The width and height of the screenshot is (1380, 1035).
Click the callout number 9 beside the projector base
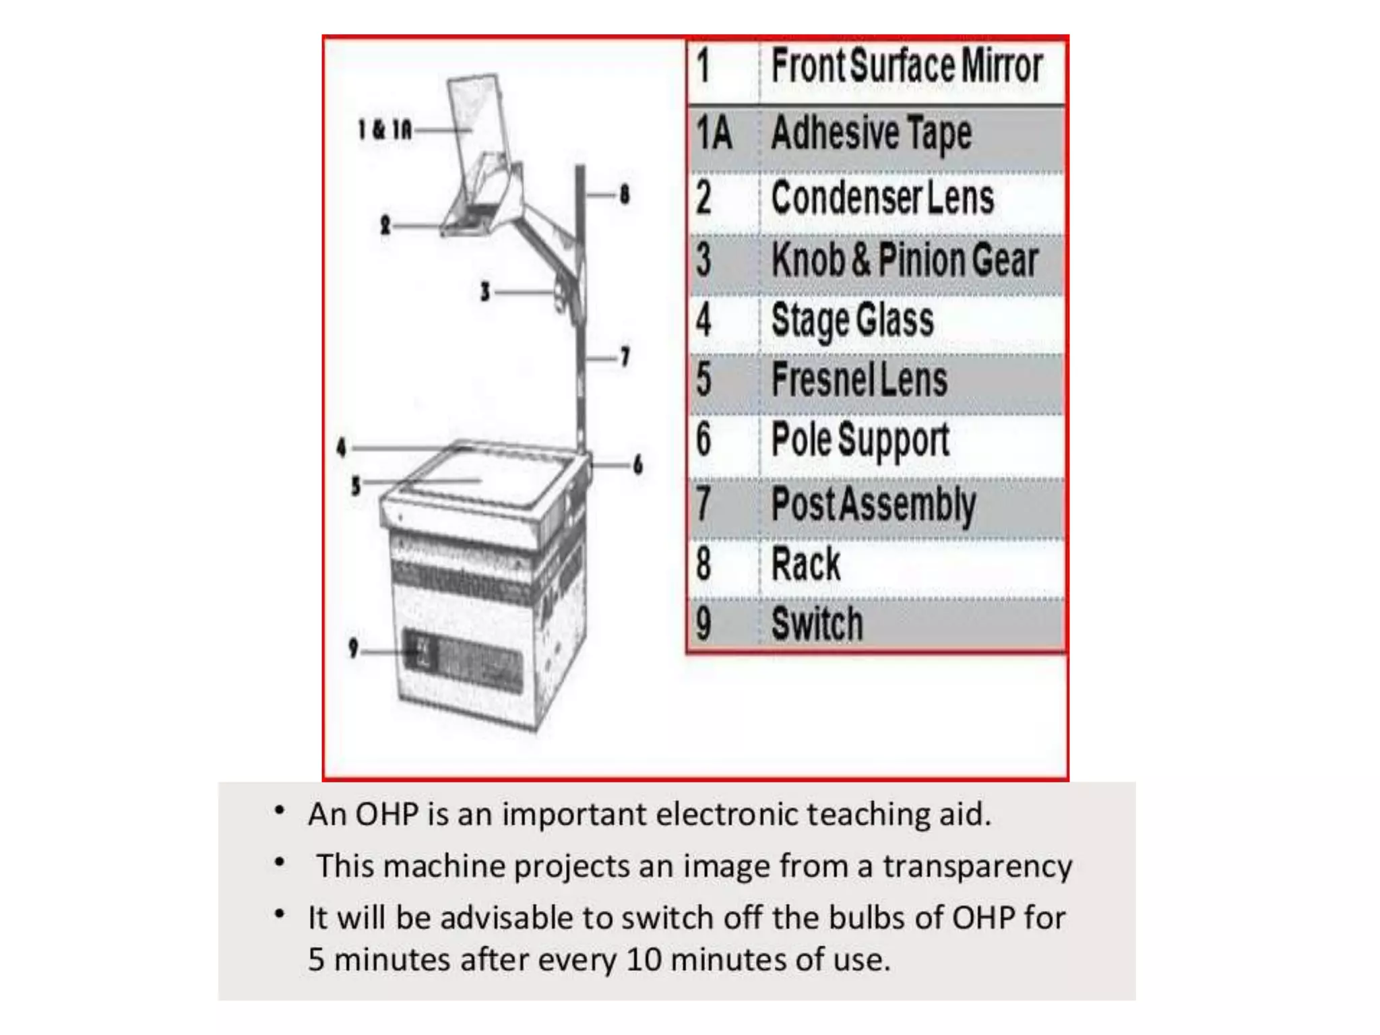tap(353, 648)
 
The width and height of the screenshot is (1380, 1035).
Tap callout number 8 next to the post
tap(625, 194)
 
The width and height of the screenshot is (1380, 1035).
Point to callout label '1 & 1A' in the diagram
tap(384, 129)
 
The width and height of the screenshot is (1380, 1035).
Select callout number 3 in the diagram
tap(484, 292)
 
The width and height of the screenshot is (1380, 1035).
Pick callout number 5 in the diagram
tap(356, 485)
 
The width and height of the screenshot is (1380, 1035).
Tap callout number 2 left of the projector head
tap(385, 224)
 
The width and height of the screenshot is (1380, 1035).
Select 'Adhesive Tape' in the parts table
tap(871, 133)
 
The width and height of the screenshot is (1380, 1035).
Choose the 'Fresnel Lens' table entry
tap(859, 379)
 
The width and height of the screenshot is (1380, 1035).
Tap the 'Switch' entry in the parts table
tap(817, 623)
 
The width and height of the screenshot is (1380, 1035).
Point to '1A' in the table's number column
tap(714, 132)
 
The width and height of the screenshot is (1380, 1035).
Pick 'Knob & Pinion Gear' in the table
tap(904, 260)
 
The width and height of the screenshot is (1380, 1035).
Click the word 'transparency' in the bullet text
tap(977, 867)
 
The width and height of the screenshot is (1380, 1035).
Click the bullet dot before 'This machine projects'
tap(280, 862)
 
